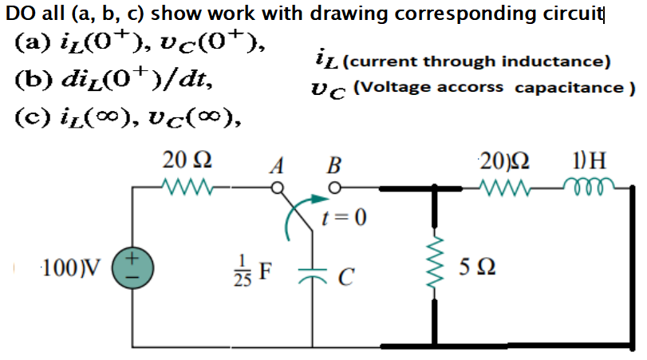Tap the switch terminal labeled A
[x=278, y=189]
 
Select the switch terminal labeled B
[x=335, y=189]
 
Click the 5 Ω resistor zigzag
[x=436, y=263]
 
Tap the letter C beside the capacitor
[x=345, y=277]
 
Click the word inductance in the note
[x=562, y=61]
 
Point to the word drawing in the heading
[x=358, y=13]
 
